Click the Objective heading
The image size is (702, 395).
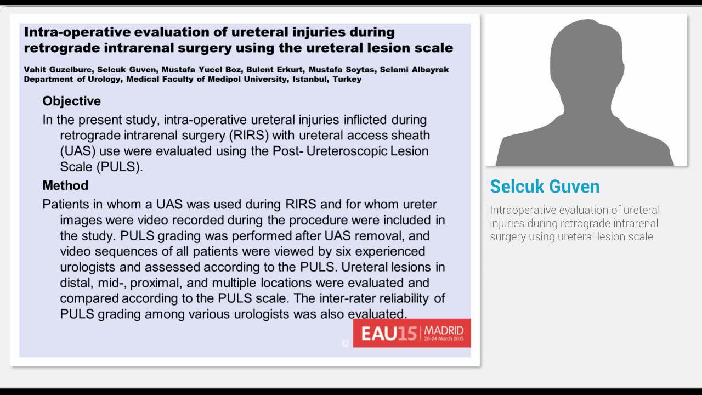tap(71, 101)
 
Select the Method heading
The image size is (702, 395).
tap(65, 185)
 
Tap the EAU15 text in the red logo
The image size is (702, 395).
tap(388, 334)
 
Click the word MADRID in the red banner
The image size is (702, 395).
tap(444, 330)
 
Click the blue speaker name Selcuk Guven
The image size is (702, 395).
tap(544, 187)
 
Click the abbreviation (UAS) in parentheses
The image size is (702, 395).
tap(76, 151)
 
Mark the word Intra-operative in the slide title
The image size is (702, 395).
tap(76, 32)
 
